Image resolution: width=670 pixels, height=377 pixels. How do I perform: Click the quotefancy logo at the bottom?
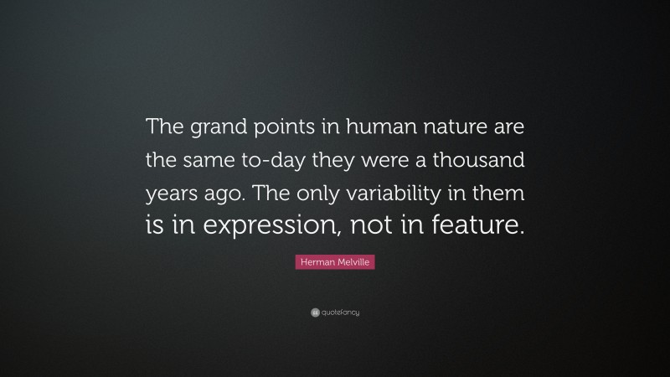pos(335,312)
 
